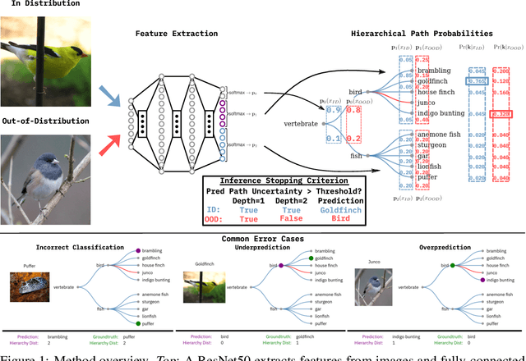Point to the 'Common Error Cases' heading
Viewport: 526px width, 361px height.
262,238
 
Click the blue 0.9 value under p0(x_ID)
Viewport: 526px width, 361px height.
332,110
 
